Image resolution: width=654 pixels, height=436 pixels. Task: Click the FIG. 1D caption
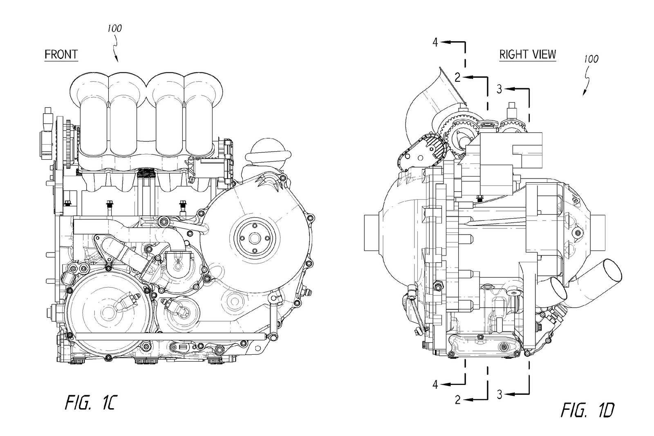click(587, 410)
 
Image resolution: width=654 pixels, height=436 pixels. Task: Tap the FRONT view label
click(61, 54)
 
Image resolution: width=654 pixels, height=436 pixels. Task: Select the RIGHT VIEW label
click(527, 54)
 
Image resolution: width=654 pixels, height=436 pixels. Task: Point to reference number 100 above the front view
click(114, 29)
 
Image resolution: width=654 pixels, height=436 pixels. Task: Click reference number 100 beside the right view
click(591, 59)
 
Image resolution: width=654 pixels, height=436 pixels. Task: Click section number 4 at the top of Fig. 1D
click(436, 42)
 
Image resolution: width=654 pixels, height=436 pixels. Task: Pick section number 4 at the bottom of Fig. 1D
click(436, 384)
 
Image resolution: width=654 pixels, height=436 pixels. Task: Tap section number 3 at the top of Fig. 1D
click(499, 89)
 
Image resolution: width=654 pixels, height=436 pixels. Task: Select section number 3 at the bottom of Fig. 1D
click(499, 394)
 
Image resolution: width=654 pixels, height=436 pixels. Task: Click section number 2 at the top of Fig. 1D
click(458, 77)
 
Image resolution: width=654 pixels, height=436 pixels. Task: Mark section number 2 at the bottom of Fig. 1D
click(458, 400)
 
